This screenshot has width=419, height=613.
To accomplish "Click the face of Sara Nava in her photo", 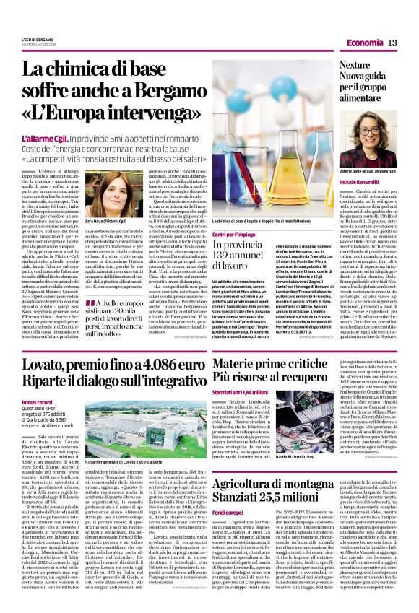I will (x=108, y=190).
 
